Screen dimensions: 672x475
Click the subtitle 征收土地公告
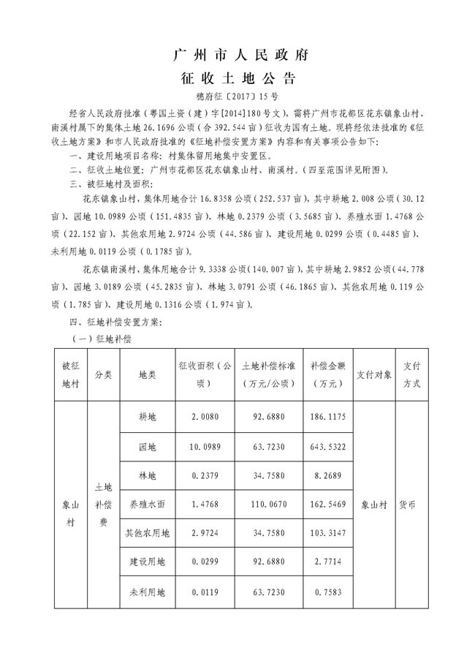pos(237,79)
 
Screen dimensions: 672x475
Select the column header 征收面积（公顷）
pos(205,374)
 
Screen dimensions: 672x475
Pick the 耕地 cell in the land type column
pos(147,417)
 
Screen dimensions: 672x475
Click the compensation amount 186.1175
pos(328,417)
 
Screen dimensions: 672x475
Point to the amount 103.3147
pos(328,533)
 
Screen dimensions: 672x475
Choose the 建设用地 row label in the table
pos(147,562)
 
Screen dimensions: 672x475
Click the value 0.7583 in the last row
pos(328,592)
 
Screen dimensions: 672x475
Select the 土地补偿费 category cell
pos(103,504)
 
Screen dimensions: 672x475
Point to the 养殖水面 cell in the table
pos(147,504)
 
